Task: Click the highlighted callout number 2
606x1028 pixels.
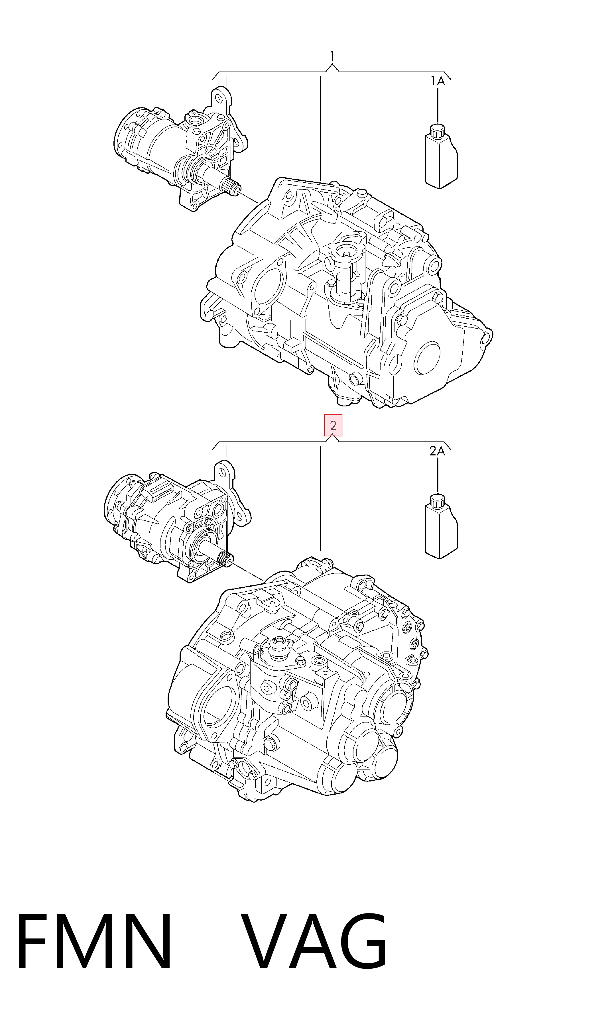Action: pos(333,426)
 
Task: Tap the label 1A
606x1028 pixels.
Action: pos(437,81)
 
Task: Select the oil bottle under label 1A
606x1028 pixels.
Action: pos(441,156)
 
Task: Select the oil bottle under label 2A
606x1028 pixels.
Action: pos(441,526)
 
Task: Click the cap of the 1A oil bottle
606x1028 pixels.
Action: pos(437,130)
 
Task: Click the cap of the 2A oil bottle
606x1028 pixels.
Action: pos(437,500)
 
